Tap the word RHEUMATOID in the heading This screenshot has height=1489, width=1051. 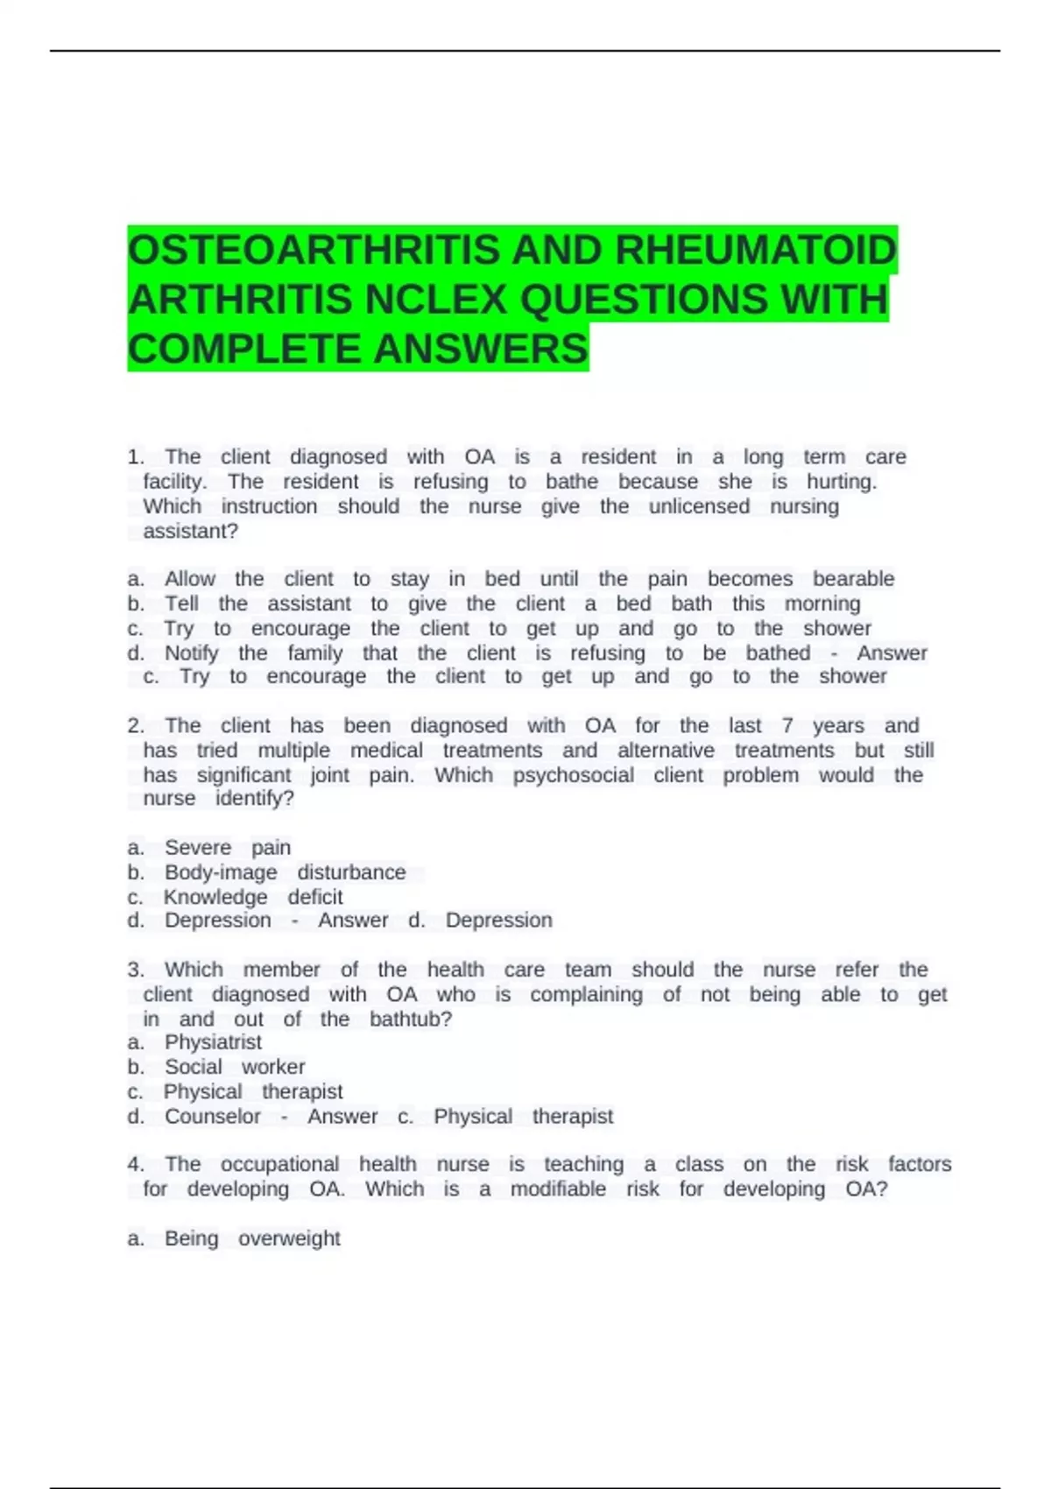[x=756, y=251]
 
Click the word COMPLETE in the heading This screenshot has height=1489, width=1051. [x=245, y=349]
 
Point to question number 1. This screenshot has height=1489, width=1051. [x=136, y=457]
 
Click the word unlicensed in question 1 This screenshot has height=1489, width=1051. [x=699, y=506]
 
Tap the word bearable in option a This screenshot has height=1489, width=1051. [x=853, y=579]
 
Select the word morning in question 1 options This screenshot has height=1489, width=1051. [x=822, y=603]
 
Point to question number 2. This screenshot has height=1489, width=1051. [x=136, y=726]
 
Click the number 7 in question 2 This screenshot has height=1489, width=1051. [x=787, y=726]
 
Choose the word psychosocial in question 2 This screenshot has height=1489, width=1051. [x=574, y=775]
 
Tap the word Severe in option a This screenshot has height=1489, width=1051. [x=198, y=848]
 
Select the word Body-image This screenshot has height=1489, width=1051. [x=221, y=872]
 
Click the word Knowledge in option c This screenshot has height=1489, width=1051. [x=215, y=897]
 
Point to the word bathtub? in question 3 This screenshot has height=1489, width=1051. [x=411, y=1019]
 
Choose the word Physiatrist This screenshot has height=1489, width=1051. [x=213, y=1042]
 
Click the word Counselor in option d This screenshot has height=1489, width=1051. [x=213, y=1117]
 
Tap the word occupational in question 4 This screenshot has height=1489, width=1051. [x=279, y=1165]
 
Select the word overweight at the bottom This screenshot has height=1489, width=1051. [x=289, y=1238]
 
